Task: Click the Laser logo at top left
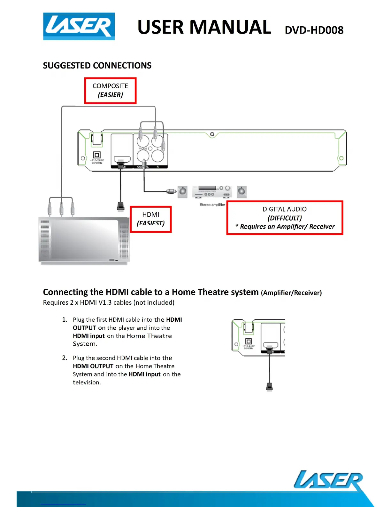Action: point(79,27)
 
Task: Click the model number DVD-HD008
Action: point(314,30)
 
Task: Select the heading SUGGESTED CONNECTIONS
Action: point(97,66)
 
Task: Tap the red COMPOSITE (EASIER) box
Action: point(110,91)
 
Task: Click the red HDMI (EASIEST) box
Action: point(150,219)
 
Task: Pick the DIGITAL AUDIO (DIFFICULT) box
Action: point(285,218)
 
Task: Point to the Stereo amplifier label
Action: point(212,205)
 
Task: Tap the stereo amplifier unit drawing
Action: point(211,191)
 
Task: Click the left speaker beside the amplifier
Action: point(183,191)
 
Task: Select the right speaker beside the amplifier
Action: point(242,191)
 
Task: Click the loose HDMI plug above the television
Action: point(120,206)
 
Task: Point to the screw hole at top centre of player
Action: point(212,134)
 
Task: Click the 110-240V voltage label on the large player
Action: point(97,161)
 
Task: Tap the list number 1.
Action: point(65,319)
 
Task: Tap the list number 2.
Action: point(65,358)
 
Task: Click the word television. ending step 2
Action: point(87,382)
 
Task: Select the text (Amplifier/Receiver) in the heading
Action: point(291,293)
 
